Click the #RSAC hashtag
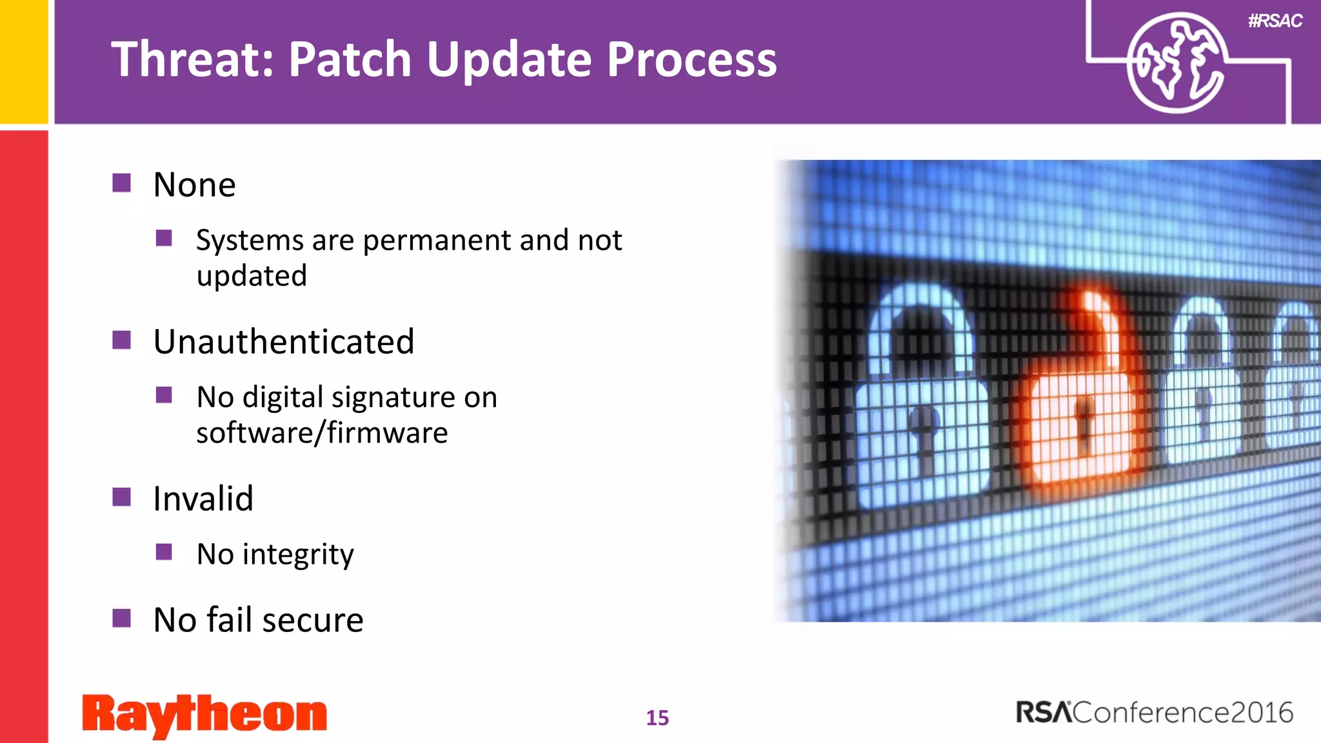coord(1275,21)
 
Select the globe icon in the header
coord(1175,63)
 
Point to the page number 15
coord(657,718)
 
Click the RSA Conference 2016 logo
coord(1155,713)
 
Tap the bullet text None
coord(194,185)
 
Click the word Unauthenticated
coord(284,342)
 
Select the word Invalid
coord(203,499)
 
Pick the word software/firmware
coord(322,433)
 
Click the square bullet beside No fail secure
coord(121,618)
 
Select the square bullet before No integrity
coord(164,552)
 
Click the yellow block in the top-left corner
coord(24,61)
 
